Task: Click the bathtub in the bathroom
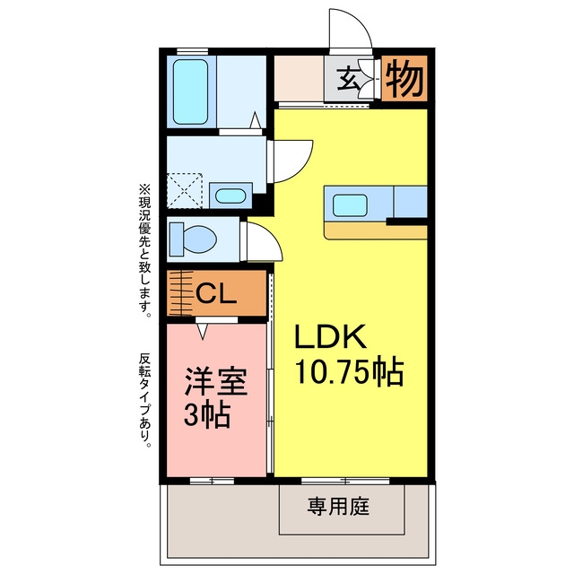(190, 91)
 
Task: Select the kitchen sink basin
(350, 205)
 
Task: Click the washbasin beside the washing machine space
(230, 196)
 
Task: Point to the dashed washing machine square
(185, 191)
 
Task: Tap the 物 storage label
(404, 78)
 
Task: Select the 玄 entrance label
(348, 79)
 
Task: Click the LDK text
(330, 336)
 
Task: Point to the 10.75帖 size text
(350, 373)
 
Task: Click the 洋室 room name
(216, 381)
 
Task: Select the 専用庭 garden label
(338, 507)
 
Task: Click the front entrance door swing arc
(361, 22)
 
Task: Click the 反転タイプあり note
(144, 400)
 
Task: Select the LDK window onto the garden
(345, 481)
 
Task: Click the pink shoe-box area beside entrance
(299, 78)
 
